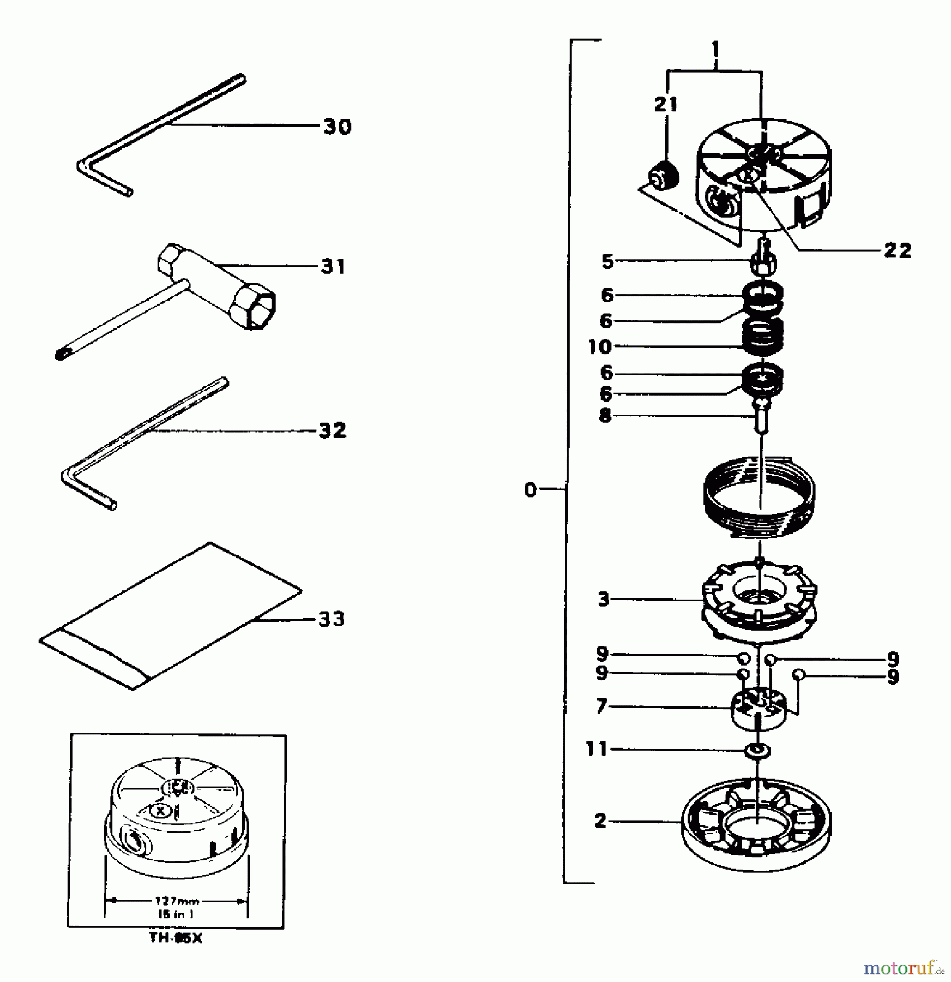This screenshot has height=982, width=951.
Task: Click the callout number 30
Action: [338, 127]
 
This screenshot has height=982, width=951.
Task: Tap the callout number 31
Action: [333, 267]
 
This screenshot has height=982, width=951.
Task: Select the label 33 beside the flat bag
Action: [331, 619]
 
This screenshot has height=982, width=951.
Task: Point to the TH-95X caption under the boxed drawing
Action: [176, 939]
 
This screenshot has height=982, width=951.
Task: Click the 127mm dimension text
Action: [176, 901]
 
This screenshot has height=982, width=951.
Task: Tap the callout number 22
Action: [897, 250]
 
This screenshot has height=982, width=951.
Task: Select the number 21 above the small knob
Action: [665, 104]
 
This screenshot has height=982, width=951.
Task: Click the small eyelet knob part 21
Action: [663, 177]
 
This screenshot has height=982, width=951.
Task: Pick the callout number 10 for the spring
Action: [600, 346]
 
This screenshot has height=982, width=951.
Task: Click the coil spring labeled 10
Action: [763, 335]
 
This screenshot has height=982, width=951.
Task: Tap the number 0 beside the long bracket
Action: [530, 490]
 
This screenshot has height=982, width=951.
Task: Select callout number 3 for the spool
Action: [603, 600]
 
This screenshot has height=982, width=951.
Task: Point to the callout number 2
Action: [600, 821]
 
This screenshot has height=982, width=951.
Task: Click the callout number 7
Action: [601, 706]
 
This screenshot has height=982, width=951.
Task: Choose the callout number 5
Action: [607, 261]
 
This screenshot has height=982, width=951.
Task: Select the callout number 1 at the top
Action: [715, 50]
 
